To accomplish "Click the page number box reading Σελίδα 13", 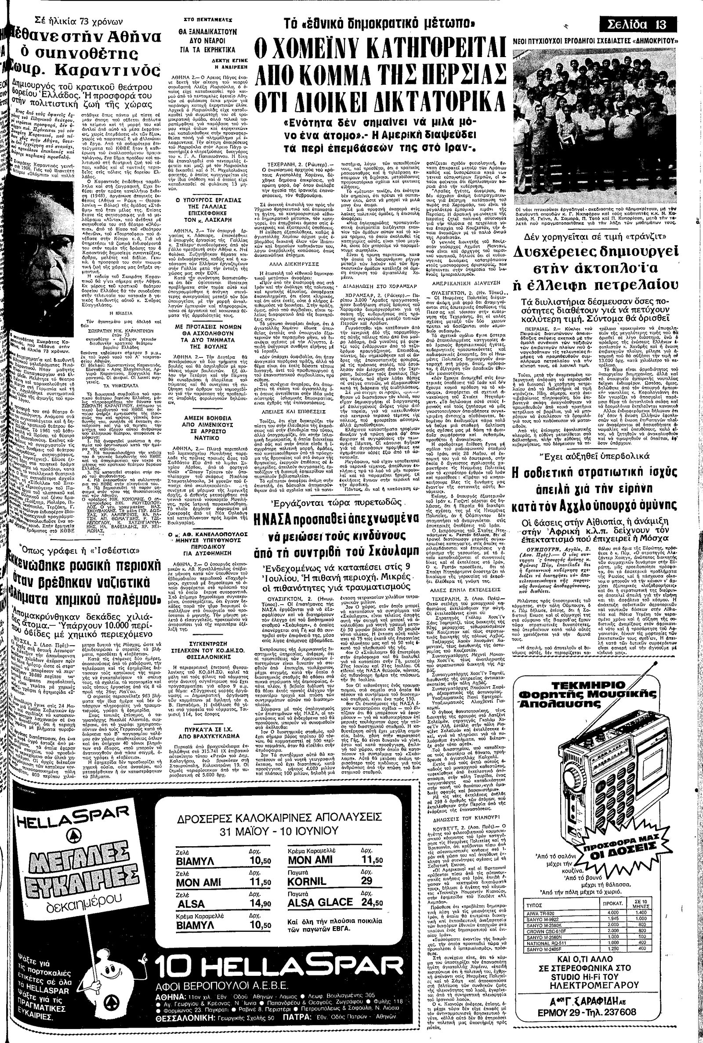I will [x=639, y=24].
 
